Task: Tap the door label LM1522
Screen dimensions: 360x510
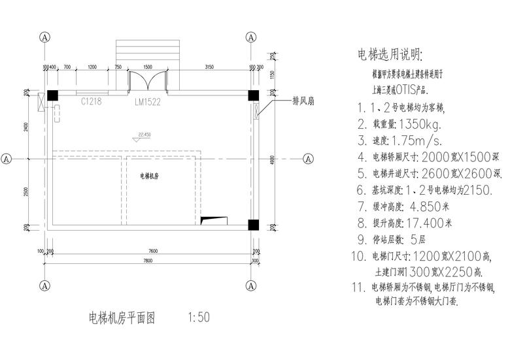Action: click(148, 103)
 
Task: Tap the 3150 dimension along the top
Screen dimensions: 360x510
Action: click(209, 67)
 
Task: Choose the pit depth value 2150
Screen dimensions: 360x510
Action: click(484, 190)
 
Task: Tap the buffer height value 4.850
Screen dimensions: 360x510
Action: click(432, 206)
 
